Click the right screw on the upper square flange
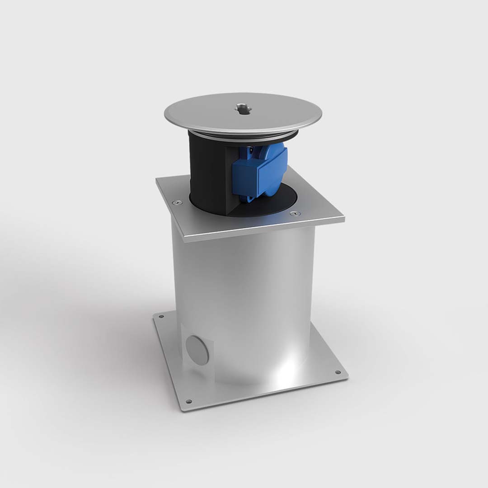pyautogui.click(x=296, y=213)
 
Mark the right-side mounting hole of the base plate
pyautogui.click(x=338, y=372)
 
